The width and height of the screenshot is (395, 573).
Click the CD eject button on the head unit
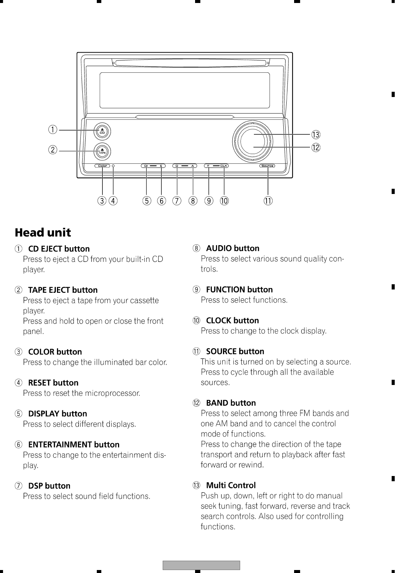[x=102, y=131]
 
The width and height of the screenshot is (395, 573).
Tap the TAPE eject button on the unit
[x=102, y=151]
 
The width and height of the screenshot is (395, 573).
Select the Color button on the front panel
[x=102, y=166]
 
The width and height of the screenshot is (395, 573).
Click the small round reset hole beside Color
[x=113, y=166]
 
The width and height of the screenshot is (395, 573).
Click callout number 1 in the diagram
[x=54, y=130]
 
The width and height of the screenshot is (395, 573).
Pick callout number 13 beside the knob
[x=316, y=135]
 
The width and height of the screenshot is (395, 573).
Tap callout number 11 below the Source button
[x=268, y=201]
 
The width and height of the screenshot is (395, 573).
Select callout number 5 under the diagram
[x=147, y=201]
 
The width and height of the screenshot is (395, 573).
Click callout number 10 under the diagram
[x=224, y=201]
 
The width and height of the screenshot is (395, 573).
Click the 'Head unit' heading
[x=43, y=233]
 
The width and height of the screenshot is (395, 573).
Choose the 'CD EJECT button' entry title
[x=59, y=249]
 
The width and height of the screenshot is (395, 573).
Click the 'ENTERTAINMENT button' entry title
[x=74, y=445]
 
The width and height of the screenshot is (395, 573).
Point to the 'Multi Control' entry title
[x=231, y=485]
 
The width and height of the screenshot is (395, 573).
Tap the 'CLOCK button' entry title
[x=232, y=320]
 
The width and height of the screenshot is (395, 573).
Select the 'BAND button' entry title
[x=231, y=403]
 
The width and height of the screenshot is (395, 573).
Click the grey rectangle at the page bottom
[x=201, y=565]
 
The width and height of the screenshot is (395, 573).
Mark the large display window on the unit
[x=185, y=90]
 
